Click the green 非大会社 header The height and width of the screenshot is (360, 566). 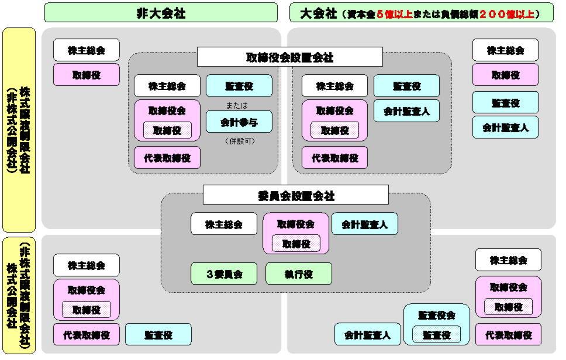(161, 12)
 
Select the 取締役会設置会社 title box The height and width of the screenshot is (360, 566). (289, 57)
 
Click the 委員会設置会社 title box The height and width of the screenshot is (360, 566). (295, 195)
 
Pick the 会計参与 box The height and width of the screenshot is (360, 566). (239, 122)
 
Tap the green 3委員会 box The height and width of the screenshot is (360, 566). (224, 274)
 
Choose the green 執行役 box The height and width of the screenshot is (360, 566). (298, 274)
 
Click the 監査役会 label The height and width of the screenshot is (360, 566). (436, 315)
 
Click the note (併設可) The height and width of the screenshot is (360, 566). (239, 141)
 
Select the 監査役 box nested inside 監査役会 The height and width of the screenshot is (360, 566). (436, 335)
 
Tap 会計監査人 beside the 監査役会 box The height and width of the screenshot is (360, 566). (368, 335)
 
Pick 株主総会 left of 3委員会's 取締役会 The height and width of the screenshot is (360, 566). (224, 224)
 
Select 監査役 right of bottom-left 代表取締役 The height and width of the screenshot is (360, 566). (158, 335)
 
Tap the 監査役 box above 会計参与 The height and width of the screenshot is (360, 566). (239, 86)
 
